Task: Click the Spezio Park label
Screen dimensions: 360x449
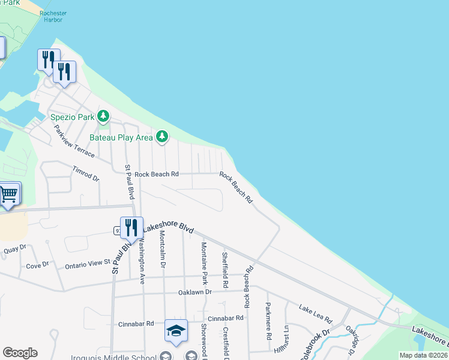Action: tap(71, 115)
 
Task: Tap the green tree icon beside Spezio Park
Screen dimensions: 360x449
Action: tap(104, 115)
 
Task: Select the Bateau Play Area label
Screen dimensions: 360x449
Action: tap(121, 137)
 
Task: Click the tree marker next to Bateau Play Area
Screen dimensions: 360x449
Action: tap(161, 137)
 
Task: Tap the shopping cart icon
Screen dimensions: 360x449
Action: tap(9, 194)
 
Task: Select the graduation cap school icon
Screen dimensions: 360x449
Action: tap(176, 331)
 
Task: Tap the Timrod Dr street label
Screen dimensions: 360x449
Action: tap(85, 174)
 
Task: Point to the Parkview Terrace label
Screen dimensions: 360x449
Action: tap(74, 141)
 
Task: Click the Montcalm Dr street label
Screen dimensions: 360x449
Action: tap(162, 251)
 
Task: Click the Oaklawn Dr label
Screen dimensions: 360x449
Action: tap(195, 292)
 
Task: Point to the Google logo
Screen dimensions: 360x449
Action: tap(20, 353)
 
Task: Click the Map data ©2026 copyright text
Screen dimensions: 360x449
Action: tap(423, 355)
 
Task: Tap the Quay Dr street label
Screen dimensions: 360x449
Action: tap(15, 248)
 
